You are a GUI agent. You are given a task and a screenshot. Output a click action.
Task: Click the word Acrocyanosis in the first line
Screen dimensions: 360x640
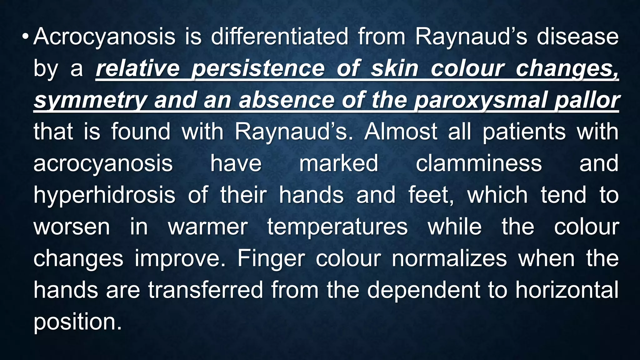[x=104, y=37]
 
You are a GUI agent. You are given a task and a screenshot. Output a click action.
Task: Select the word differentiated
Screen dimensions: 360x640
[x=279, y=37]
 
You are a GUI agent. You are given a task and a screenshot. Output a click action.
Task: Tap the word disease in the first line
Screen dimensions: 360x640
[x=577, y=37]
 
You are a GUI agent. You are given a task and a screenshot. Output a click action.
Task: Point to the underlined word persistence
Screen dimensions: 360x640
[x=258, y=68]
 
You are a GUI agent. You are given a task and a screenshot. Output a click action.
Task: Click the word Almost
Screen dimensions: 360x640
[x=401, y=132]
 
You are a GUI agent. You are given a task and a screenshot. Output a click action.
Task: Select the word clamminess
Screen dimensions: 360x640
[x=478, y=163]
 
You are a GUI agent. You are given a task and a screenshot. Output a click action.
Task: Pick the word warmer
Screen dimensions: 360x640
[x=208, y=227]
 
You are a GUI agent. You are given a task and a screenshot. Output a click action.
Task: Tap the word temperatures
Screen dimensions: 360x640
[x=337, y=227]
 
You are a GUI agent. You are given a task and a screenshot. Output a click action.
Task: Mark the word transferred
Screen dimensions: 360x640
[x=205, y=290]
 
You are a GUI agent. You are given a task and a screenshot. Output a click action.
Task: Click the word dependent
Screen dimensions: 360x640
[x=423, y=290]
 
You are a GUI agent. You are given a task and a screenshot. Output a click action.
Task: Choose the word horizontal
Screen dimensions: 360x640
[x=567, y=290]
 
